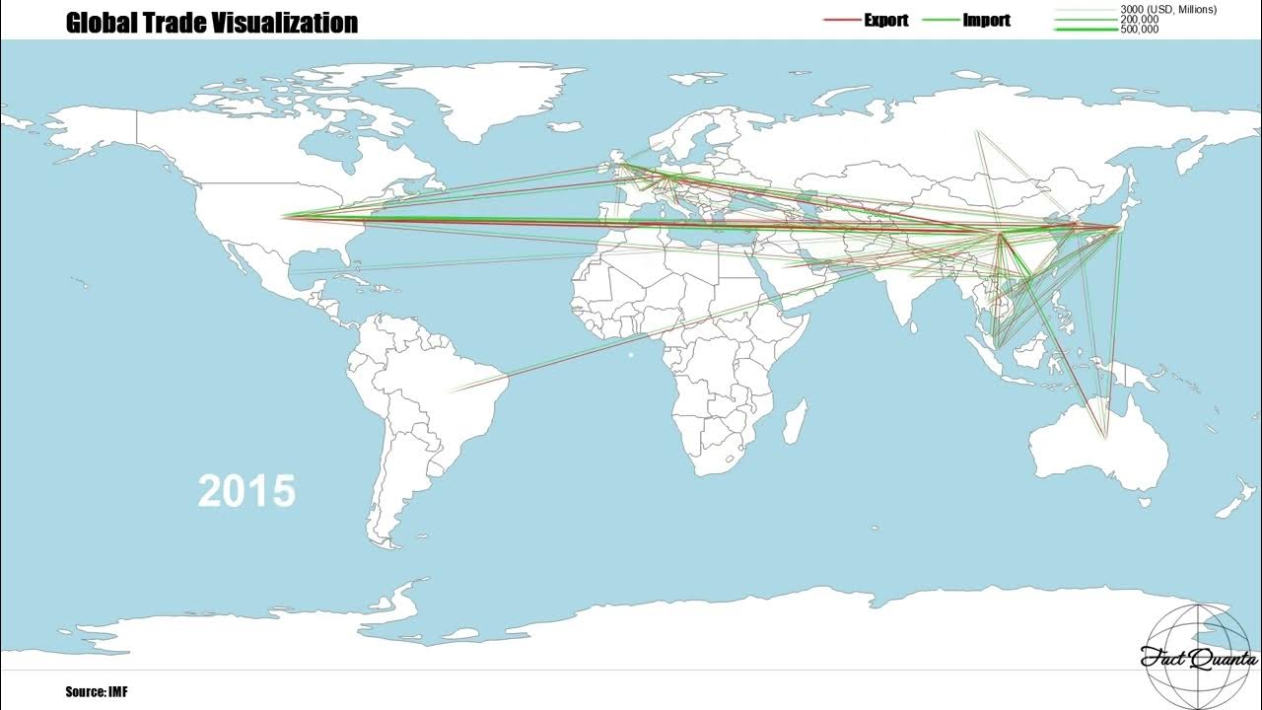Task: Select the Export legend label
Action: (x=885, y=20)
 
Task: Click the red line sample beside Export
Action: (x=841, y=20)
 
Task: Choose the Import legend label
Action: (x=986, y=20)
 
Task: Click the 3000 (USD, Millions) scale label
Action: (x=1168, y=10)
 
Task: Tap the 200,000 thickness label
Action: (x=1140, y=20)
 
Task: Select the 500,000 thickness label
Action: (x=1140, y=30)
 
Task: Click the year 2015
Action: (x=246, y=490)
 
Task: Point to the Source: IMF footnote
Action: (x=97, y=692)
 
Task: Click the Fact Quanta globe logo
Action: (x=1198, y=656)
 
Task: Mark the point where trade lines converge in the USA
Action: (x=284, y=216)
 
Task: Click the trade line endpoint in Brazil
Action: (x=452, y=391)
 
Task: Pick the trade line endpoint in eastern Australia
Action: (x=1106, y=437)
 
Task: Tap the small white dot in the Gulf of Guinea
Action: (x=631, y=355)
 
